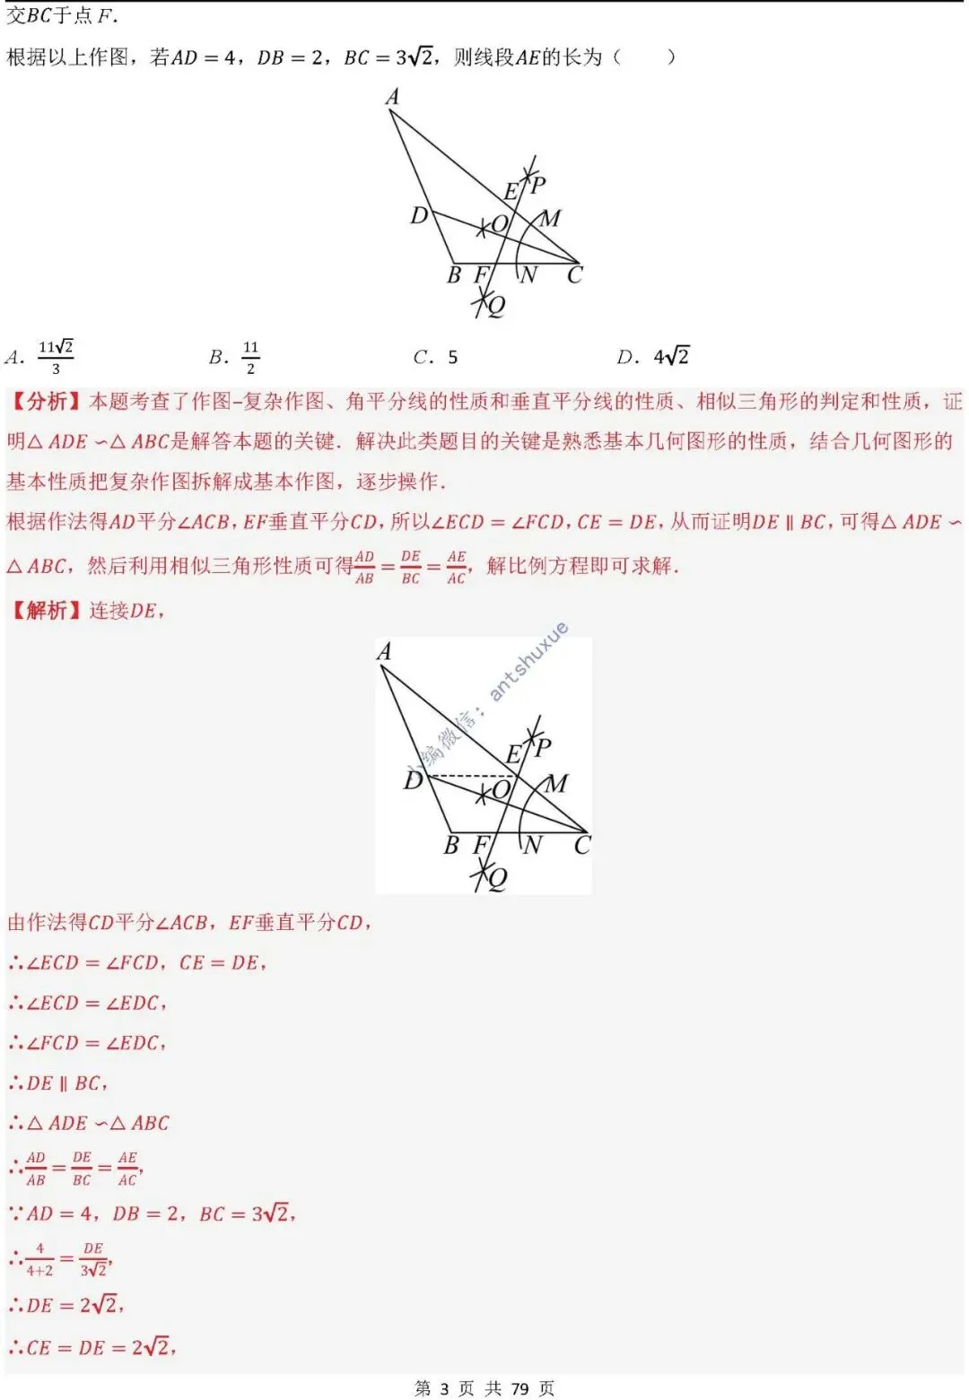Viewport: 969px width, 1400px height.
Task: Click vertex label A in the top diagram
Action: pos(392,97)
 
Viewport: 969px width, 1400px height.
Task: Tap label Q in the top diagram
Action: pos(495,306)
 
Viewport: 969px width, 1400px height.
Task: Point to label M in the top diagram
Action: pos(551,218)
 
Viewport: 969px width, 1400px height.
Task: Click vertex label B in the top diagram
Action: pos(454,274)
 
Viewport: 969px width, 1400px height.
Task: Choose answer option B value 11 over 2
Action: pos(250,357)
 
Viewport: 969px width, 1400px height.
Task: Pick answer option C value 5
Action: pos(452,357)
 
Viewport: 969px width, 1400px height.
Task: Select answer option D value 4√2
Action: pos(671,357)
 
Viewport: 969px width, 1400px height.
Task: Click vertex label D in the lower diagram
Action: pos(413,780)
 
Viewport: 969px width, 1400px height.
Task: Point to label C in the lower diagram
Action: pos(582,845)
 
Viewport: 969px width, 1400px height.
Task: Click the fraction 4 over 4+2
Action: pos(39,1259)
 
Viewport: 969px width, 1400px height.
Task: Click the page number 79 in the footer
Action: pos(519,1388)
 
